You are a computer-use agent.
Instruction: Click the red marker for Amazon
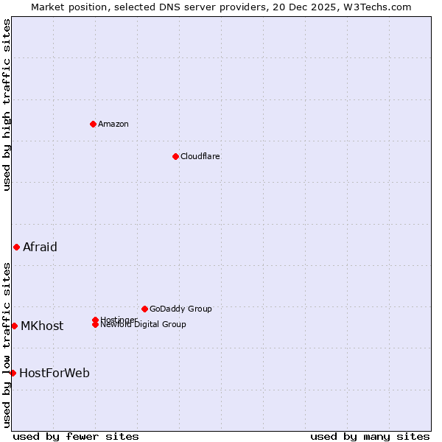tap(93, 124)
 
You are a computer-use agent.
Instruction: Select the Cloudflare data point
tap(175, 156)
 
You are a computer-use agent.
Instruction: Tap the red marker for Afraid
tap(16, 247)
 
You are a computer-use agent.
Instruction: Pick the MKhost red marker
tap(14, 326)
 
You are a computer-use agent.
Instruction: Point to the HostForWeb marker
tap(13, 373)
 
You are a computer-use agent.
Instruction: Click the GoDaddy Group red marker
tap(144, 309)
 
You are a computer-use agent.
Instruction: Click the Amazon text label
tap(113, 124)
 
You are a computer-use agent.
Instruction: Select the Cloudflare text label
tap(200, 156)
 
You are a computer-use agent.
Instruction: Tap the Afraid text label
tap(40, 247)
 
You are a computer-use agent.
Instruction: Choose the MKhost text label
tap(42, 326)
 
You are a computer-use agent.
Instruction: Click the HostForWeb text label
tap(55, 373)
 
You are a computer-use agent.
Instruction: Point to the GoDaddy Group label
tap(180, 309)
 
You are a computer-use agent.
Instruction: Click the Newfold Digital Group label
tap(144, 325)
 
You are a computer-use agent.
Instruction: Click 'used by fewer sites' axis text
tap(76, 436)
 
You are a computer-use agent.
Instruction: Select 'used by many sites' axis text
tap(370, 436)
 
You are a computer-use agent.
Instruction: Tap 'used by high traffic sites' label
tap(7, 105)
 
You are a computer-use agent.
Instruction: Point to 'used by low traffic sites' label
tap(7, 344)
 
